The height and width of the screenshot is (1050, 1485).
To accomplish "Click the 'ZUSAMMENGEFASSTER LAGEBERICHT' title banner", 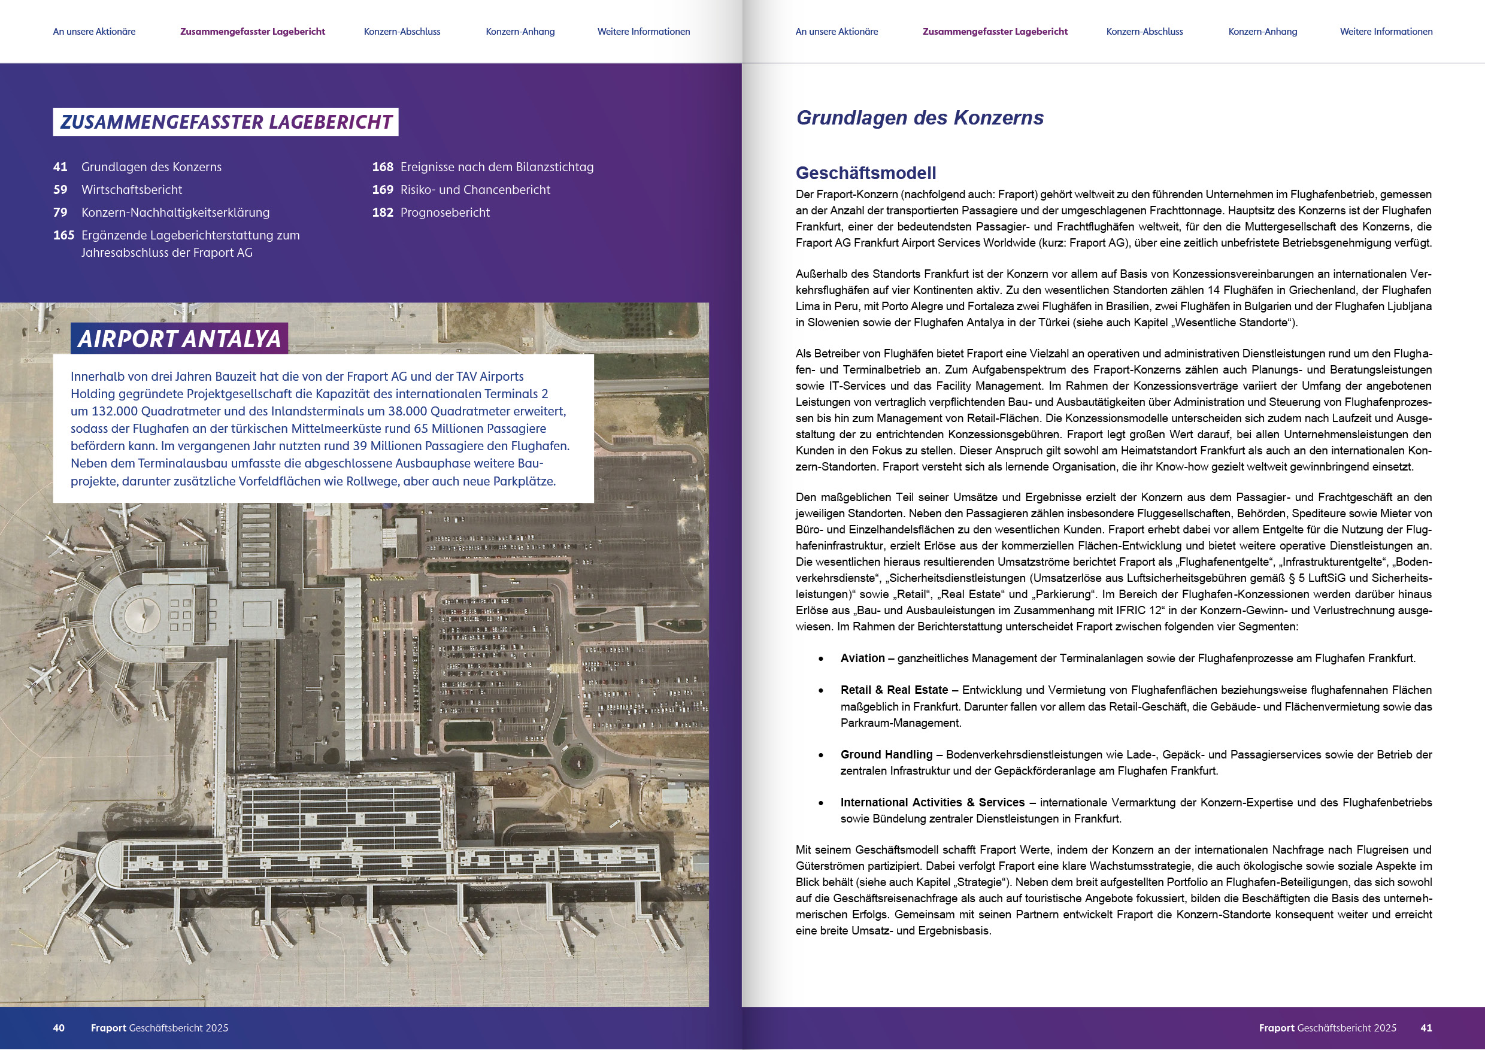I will tap(225, 122).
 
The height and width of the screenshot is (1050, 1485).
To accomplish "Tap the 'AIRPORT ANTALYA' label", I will tap(179, 339).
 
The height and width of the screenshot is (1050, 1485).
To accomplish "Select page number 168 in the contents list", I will tap(382, 167).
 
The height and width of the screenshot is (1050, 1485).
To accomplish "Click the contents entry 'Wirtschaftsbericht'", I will tap(131, 189).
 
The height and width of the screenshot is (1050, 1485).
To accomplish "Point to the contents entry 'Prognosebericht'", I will tap(444, 212).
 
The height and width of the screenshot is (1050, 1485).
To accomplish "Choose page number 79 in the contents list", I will tap(60, 212).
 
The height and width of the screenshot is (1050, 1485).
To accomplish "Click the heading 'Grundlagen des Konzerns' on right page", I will tap(919, 118).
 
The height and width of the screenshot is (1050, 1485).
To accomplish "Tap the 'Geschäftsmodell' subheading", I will tap(865, 172).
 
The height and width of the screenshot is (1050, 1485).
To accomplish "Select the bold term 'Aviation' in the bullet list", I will tap(862, 658).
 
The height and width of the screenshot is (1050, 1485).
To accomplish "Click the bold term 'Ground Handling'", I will tap(886, 754).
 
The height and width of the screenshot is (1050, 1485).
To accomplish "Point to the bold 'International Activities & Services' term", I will tap(932, 802).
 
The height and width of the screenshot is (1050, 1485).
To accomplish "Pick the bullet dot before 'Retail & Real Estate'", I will tap(821, 690).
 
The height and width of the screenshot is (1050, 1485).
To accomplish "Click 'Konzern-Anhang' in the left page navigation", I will tap(520, 32).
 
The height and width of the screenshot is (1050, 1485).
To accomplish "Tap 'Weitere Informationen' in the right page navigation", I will tap(1386, 32).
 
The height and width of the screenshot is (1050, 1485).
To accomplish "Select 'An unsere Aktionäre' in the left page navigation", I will tap(95, 32).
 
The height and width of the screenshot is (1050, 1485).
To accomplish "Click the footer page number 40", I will tap(59, 1028).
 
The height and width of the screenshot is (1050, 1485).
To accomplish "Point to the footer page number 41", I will tap(1426, 1028).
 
